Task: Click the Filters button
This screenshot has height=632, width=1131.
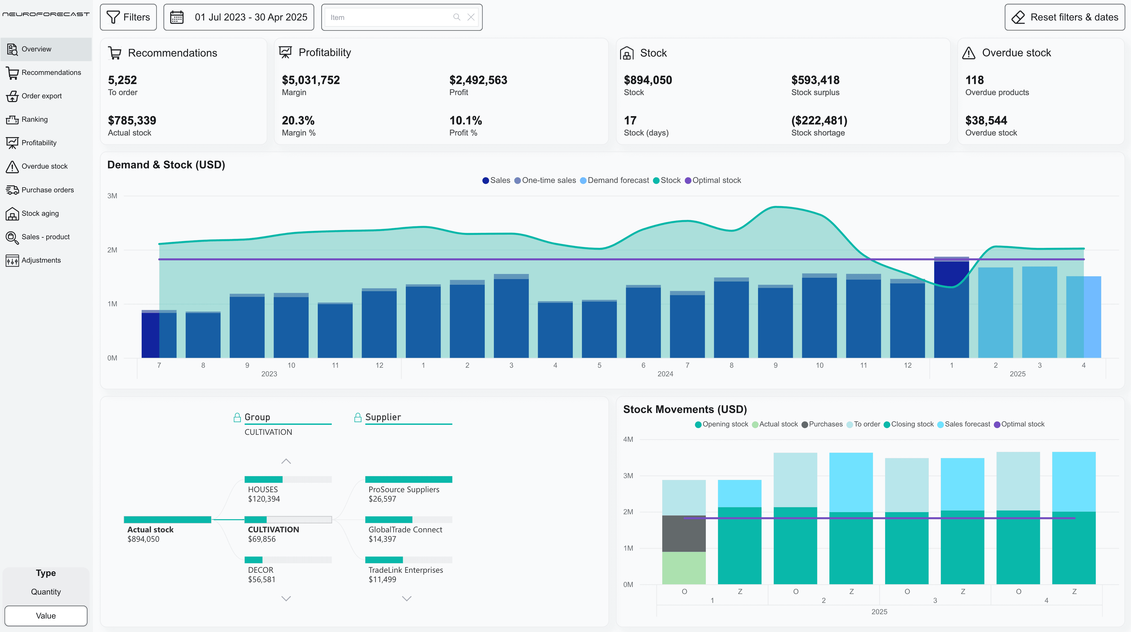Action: point(128,17)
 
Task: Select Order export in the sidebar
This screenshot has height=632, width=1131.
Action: point(41,96)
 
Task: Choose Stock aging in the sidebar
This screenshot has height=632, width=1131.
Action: point(40,213)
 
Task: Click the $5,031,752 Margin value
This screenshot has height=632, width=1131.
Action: point(311,80)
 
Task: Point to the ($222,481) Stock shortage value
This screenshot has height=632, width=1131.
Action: point(819,120)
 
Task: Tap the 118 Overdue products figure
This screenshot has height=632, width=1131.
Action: point(974,80)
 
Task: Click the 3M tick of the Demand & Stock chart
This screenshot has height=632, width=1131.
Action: point(112,196)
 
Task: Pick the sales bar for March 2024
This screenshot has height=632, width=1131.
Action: point(511,318)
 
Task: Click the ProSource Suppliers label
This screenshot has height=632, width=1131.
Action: point(403,489)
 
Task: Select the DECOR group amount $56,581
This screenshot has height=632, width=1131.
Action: point(262,579)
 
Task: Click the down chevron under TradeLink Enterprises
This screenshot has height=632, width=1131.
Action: point(407,598)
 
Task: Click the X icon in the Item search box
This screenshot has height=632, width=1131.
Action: point(471,17)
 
